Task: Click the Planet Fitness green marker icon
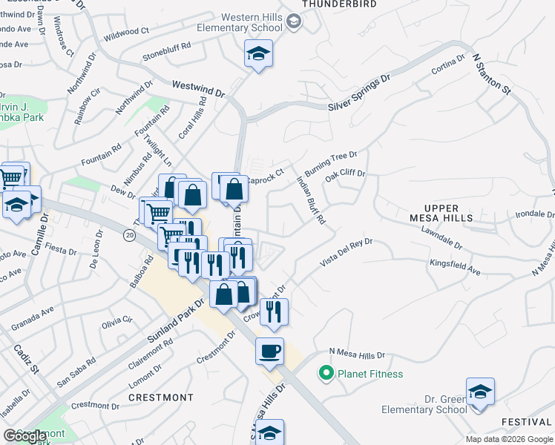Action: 325,374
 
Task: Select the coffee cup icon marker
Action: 269,350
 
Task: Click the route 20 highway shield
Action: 129,234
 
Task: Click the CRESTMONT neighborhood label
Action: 161,398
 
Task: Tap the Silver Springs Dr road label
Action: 359,93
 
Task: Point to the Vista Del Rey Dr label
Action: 344,252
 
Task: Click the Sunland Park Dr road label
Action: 175,320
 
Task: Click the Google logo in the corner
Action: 25,436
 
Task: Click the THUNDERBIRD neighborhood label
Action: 339,4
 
